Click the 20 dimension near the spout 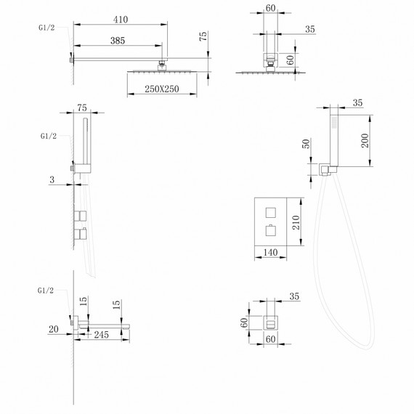click(x=53, y=329)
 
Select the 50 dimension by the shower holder click(x=306, y=144)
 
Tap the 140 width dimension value click(x=269, y=253)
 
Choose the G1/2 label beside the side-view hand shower click(x=49, y=136)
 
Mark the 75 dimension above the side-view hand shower click(x=81, y=105)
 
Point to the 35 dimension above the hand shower click(x=357, y=103)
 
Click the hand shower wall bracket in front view click(x=326, y=170)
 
